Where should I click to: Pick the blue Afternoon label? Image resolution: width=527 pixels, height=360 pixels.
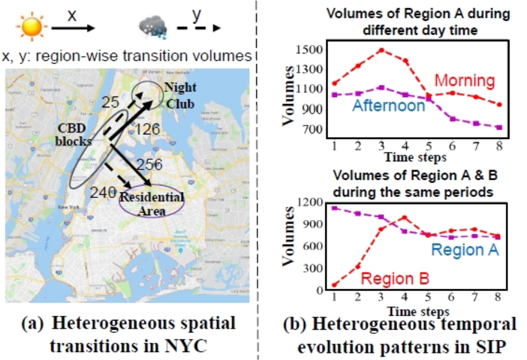click(x=389, y=106)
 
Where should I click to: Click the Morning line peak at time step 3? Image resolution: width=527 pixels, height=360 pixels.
click(x=380, y=50)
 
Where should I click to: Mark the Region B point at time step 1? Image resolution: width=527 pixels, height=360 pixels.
click(x=334, y=285)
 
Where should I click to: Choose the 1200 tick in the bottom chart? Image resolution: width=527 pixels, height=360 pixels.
click(x=309, y=202)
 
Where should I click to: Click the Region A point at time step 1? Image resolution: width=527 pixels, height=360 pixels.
click(x=334, y=208)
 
